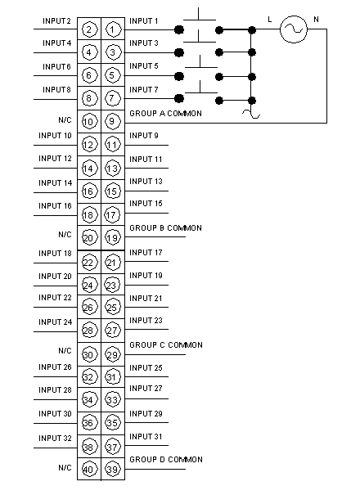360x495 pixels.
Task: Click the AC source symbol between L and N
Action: click(x=294, y=29)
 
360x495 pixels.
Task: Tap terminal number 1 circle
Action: click(x=112, y=29)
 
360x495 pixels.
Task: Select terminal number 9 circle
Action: click(x=112, y=121)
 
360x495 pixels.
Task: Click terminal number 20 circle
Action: click(x=88, y=238)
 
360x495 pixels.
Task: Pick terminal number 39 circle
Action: click(x=112, y=469)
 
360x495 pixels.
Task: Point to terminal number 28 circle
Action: click(x=88, y=331)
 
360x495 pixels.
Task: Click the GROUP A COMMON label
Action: click(x=165, y=114)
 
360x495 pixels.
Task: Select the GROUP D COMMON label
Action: click(x=166, y=459)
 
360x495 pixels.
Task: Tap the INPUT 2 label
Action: click(x=56, y=20)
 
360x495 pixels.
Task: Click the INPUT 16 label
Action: click(x=56, y=206)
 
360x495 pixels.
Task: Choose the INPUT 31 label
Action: click(x=146, y=437)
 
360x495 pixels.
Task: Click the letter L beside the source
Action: click(x=269, y=20)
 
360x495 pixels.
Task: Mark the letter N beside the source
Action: click(x=316, y=20)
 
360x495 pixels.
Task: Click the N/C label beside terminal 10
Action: click(x=65, y=120)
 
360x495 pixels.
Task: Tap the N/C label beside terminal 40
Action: click(x=65, y=467)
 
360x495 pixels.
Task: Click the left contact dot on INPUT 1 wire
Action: click(x=179, y=30)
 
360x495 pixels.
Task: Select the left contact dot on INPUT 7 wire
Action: click(x=179, y=98)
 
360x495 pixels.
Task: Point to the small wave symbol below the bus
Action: click(x=251, y=114)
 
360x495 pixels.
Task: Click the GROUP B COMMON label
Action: click(x=165, y=228)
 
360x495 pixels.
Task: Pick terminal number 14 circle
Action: click(x=88, y=169)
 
